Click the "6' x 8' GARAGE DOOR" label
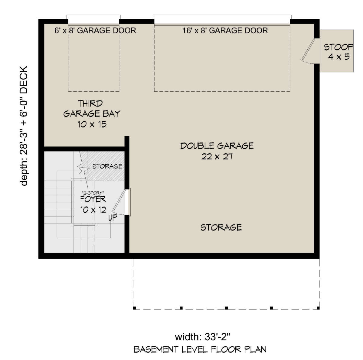95,31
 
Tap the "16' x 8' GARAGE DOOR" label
225,31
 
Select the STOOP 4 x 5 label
338,52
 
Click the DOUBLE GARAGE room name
217,146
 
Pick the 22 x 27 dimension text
217,157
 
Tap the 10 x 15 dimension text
92,124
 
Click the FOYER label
93,199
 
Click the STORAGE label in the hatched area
107,166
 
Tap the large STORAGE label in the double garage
221,227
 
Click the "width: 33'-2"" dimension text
203,337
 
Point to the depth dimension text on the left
24,126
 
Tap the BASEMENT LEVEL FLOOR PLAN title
200,350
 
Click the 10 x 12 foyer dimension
93,210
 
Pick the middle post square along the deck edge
226,308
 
